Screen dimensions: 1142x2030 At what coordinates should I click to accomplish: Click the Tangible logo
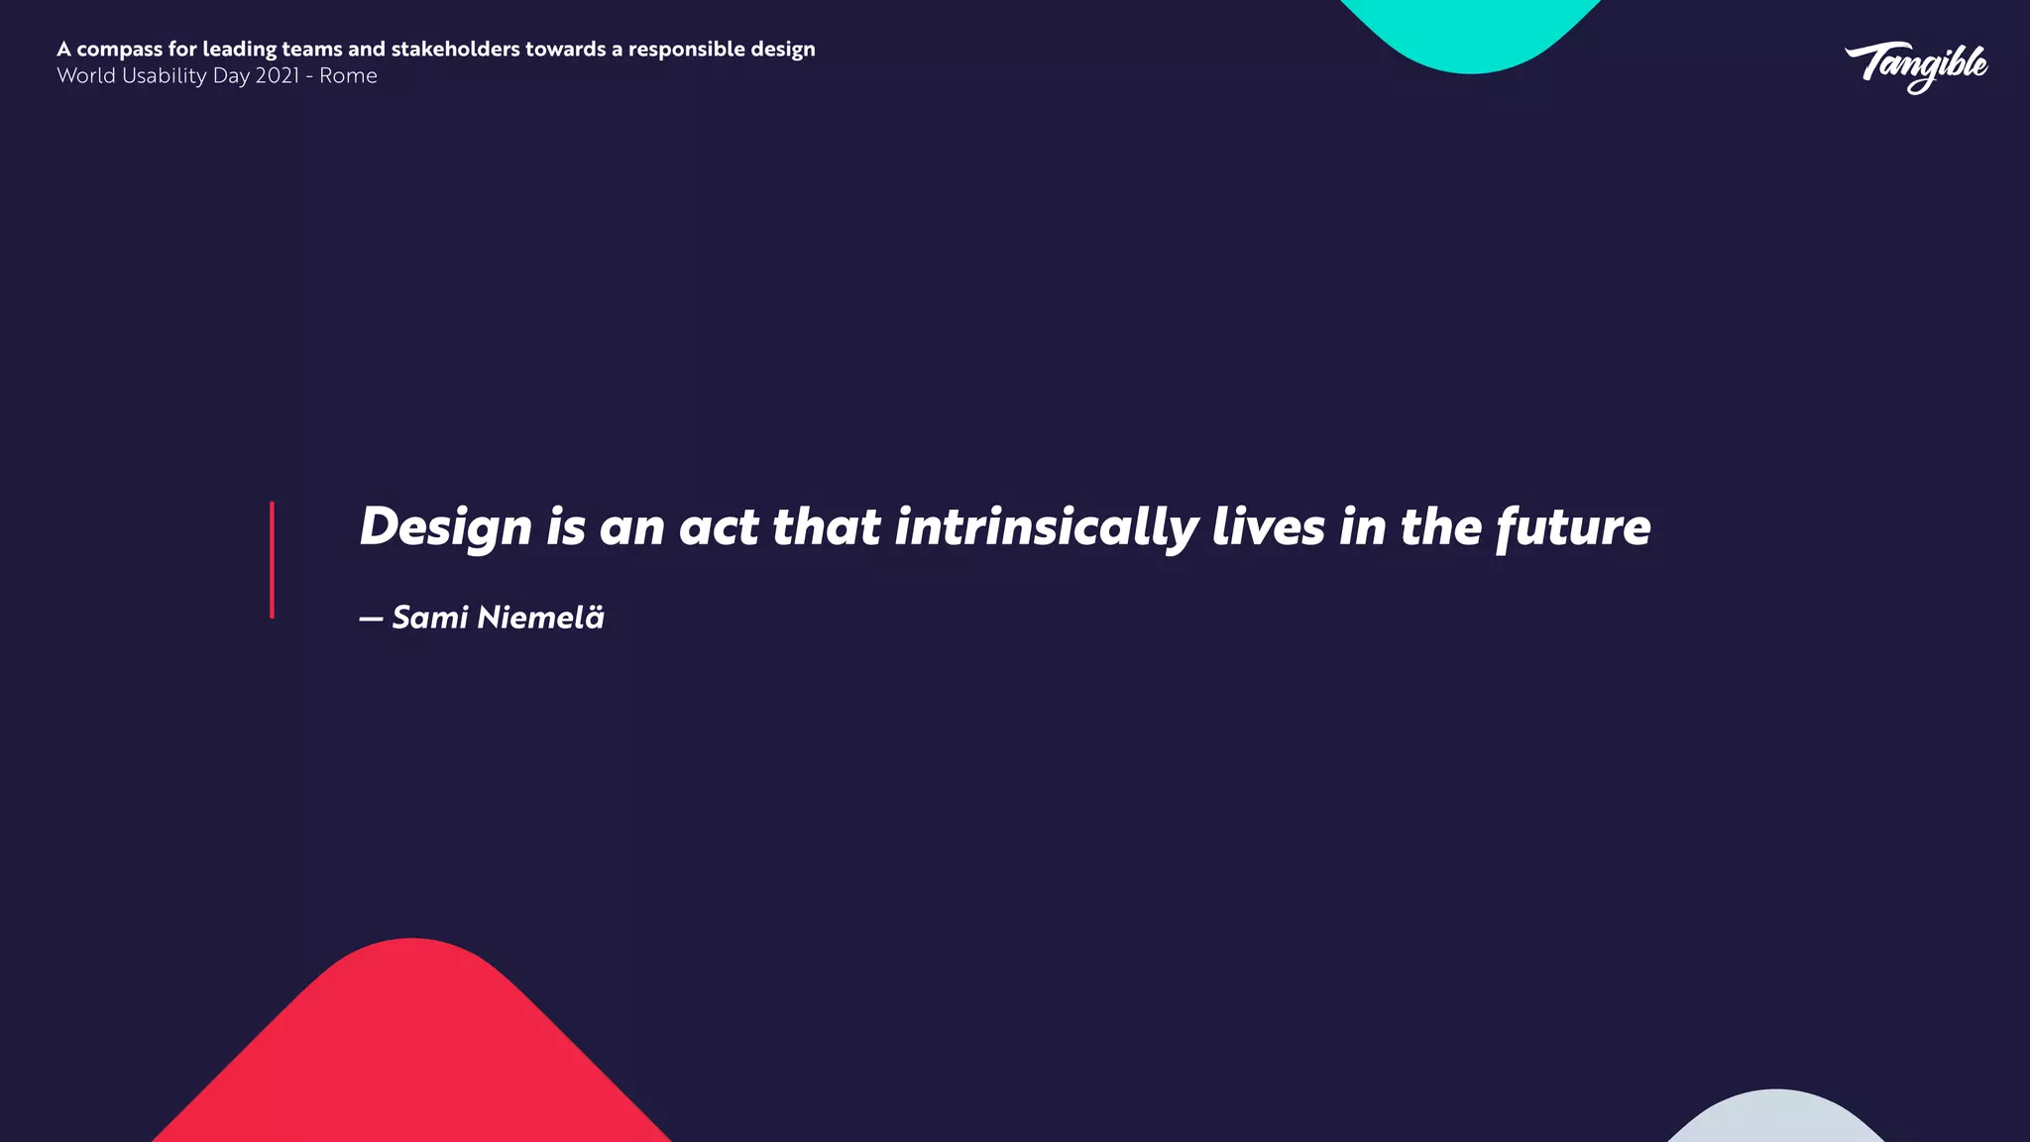click(1916, 66)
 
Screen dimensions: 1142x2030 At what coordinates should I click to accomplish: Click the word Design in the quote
click(445, 527)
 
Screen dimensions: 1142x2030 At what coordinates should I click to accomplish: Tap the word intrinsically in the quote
click(1046, 527)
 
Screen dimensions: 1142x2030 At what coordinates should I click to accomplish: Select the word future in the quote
click(1573, 527)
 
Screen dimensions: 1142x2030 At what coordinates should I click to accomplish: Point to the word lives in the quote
click(1268, 527)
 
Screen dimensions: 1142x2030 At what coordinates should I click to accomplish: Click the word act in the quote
click(719, 527)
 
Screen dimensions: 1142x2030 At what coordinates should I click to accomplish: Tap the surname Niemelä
click(540, 618)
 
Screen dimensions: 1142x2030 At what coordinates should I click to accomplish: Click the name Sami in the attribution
click(430, 618)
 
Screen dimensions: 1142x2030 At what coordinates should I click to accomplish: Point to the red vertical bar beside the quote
click(272, 560)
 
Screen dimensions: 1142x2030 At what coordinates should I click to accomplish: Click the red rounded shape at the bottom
click(412, 1051)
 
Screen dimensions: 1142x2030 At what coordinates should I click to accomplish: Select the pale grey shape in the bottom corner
click(1775, 1120)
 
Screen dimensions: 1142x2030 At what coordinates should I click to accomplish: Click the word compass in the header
click(119, 50)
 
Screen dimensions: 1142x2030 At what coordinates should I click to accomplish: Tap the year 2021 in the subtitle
click(277, 76)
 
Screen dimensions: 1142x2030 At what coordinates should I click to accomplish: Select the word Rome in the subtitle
click(348, 76)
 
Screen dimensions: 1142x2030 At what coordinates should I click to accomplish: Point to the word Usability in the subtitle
click(165, 76)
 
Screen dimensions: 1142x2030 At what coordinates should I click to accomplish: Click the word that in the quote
click(826, 527)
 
